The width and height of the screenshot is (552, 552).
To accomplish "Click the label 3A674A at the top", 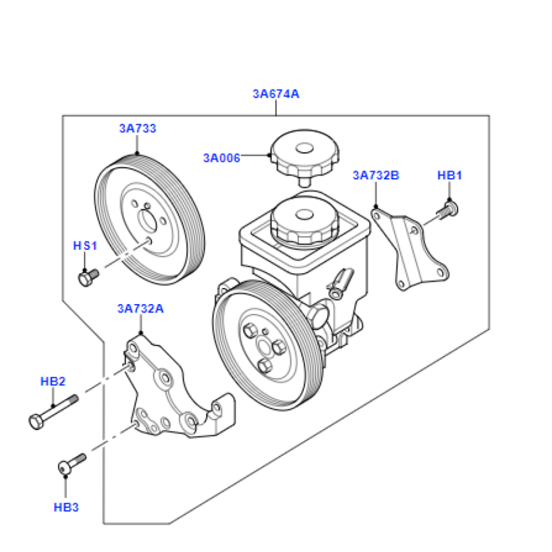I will pos(276,94).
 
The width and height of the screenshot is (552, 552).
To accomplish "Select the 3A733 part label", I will pos(137,128).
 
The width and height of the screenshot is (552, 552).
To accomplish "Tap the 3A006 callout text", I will pos(221,158).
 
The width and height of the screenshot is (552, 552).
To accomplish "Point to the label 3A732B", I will pos(375,175).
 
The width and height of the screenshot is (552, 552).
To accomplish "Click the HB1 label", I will pos(450,175).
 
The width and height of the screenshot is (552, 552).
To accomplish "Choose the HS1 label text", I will pos(85,246).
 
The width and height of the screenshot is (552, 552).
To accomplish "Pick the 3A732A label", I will pos(140,309).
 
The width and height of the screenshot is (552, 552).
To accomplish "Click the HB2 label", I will pos(53,381).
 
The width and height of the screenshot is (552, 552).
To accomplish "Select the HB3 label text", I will pos(66,507).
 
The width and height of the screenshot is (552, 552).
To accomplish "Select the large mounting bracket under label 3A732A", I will pos(172,397).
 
